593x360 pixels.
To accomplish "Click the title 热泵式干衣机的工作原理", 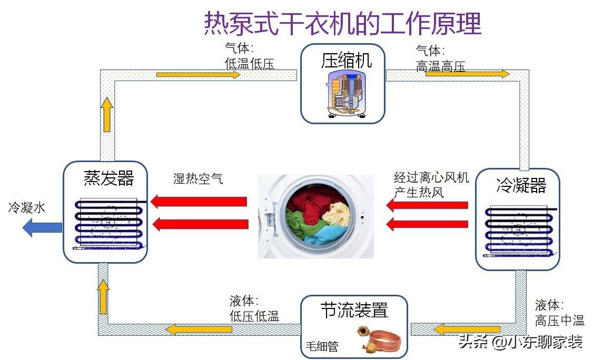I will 342,23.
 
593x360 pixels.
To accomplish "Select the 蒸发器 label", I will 109,178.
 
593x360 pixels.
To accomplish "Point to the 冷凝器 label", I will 521,185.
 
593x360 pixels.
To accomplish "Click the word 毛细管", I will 322,347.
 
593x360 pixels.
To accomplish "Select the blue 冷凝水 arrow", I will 42,227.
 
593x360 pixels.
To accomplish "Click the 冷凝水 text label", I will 27,208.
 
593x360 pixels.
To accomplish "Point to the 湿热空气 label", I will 198,178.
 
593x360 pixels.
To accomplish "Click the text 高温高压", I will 440,66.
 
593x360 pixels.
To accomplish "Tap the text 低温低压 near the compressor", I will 249,64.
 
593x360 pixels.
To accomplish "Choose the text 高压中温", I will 559,320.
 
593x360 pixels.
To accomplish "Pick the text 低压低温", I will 254,316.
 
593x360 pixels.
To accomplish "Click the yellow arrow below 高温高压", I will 467,74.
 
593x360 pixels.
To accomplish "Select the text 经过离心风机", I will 431,177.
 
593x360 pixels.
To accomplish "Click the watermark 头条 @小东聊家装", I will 520,342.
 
